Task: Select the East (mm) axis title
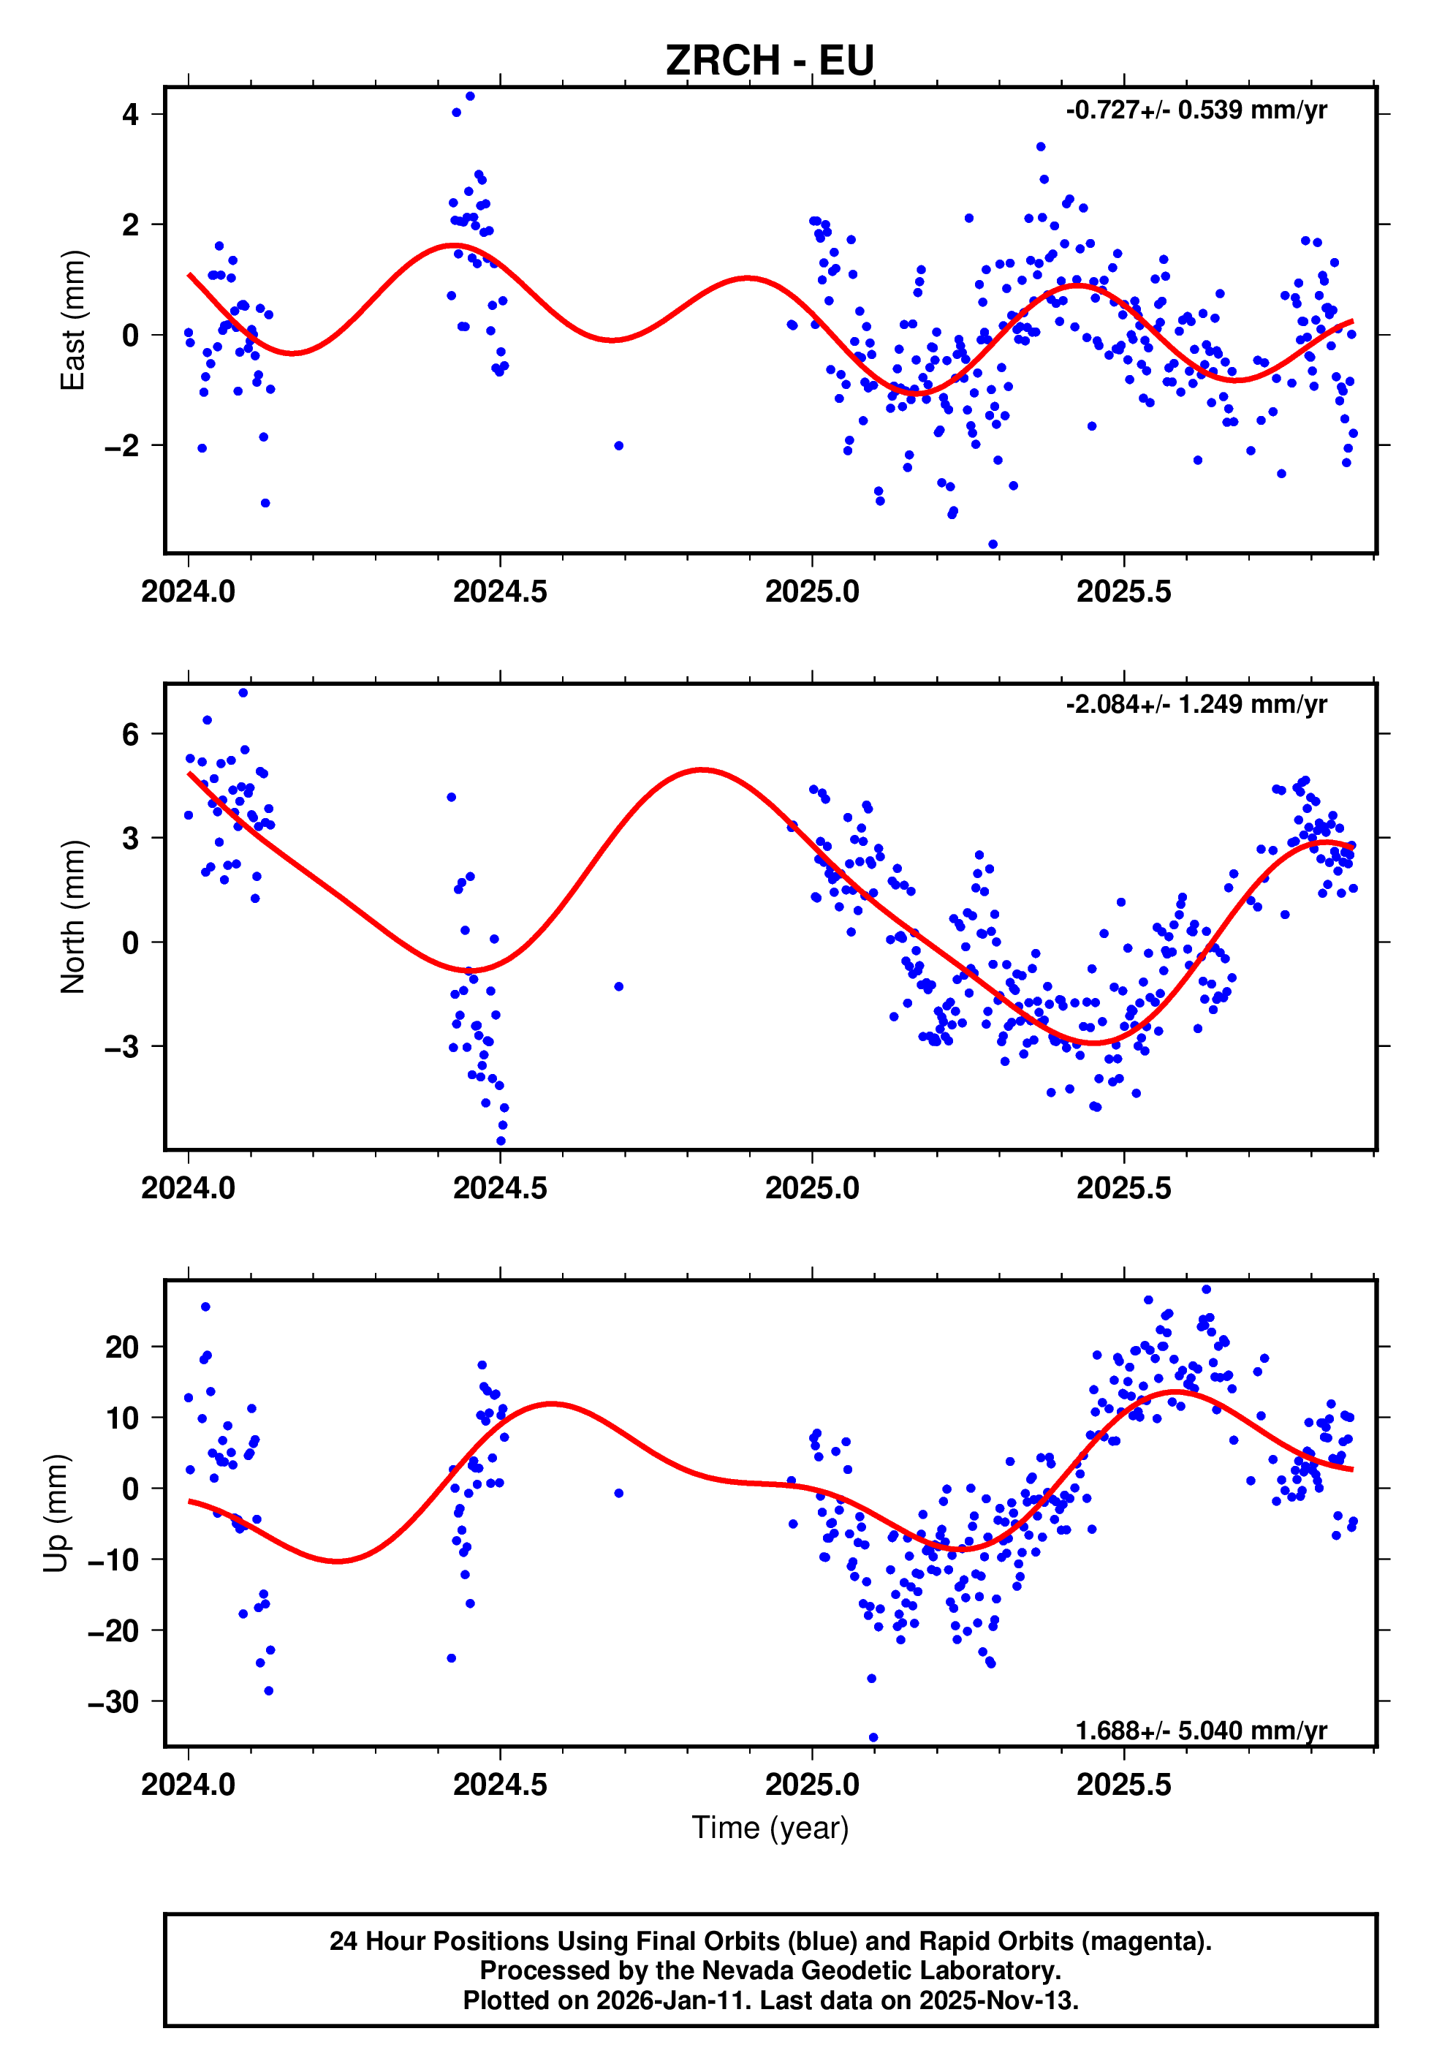tap(73, 321)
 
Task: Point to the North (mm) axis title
tap(73, 917)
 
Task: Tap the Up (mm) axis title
tap(56, 1513)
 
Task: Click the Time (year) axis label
tap(770, 1828)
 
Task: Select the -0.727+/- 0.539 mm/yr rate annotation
tap(1196, 110)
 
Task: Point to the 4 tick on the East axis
tap(131, 114)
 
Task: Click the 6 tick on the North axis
tap(131, 734)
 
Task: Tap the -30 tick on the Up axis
tap(113, 1702)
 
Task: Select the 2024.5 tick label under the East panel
tap(500, 592)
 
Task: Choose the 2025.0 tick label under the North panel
tap(811, 1188)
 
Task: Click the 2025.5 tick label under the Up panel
tap(1123, 1785)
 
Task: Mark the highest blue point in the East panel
tap(470, 96)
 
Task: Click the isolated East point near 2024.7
tap(618, 446)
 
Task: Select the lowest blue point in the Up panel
tap(873, 1738)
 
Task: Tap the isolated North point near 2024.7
tap(618, 986)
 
